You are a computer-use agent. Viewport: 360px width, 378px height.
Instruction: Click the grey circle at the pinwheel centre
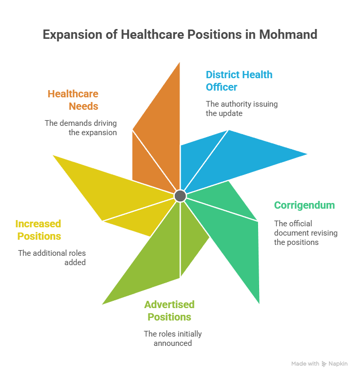point(180,196)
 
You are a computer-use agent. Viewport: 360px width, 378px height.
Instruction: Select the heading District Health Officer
point(239,81)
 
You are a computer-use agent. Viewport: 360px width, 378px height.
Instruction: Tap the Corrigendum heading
point(304,206)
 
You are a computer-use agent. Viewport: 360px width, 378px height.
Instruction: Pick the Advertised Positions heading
point(169,311)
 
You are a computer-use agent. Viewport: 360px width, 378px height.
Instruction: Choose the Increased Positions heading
point(38,230)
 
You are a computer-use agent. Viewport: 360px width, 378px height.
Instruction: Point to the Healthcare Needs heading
point(73,100)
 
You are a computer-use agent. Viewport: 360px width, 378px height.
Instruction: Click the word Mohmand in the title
point(288,35)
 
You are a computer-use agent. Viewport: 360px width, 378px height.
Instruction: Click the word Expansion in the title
point(72,35)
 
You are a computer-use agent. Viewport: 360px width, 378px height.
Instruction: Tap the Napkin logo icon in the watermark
point(324,364)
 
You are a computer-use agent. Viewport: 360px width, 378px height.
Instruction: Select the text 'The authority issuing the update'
point(242,109)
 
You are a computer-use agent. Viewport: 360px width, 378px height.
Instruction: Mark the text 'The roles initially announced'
point(173,339)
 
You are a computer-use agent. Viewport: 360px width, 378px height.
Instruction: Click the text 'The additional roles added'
point(52,258)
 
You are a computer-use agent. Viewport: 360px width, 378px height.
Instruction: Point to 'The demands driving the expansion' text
point(81,128)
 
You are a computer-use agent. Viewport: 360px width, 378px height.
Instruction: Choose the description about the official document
point(306,233)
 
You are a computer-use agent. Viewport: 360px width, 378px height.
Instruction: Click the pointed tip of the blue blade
point(307,154)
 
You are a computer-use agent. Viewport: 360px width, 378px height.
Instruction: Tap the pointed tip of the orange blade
point(179,63)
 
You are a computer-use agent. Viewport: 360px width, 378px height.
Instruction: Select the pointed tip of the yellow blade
point(53,155)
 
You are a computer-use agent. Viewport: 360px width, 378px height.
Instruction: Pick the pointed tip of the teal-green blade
point(259,303)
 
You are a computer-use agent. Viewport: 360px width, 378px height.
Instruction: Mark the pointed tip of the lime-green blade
point(102,304)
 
